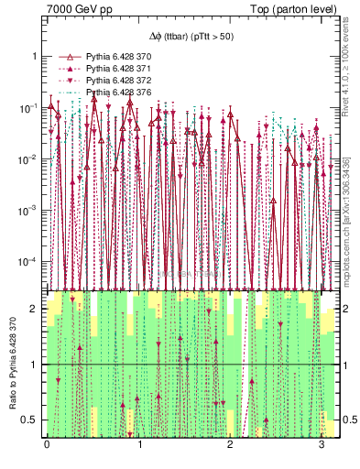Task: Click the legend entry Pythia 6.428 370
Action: point(119,57)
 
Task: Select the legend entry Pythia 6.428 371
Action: point(119,69)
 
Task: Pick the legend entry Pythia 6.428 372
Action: point(119,81)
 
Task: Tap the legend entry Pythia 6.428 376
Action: point(119,93)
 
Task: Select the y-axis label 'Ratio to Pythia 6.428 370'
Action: point(13,366)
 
